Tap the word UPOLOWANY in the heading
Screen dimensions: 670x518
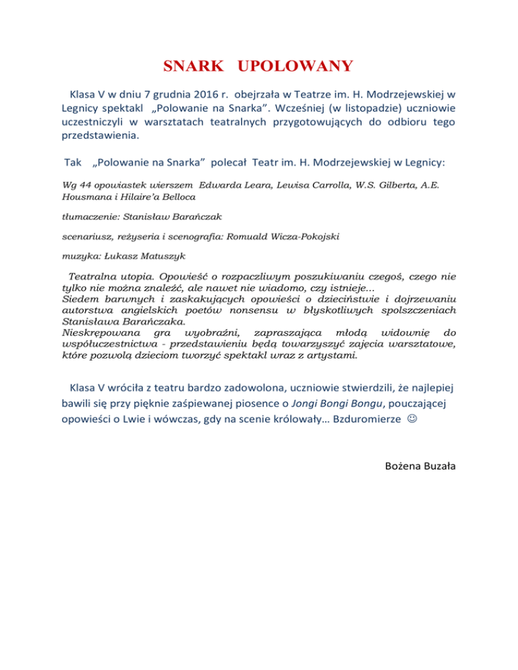point(300,67)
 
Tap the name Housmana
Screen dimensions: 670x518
point(86,195)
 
